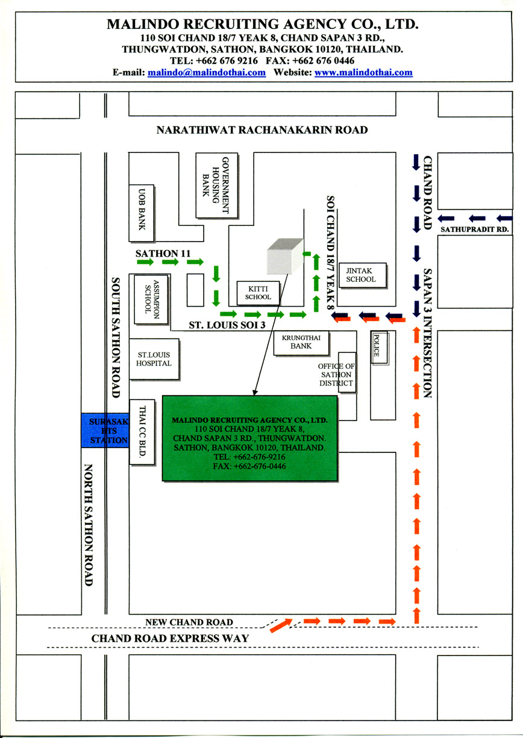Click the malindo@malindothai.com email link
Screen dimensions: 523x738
click(x=207, y=72)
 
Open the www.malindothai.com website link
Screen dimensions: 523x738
click(x=363, y=72)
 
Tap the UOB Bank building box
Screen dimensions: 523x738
click(x=142, y=213)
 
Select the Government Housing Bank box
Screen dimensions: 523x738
click(x=217, y=185)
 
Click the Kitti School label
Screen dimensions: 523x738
click(x=258, y=293)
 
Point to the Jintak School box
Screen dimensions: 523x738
click(x=363, y=275)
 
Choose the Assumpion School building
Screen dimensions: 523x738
click(x=151, y=299)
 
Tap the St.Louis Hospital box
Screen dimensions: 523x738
click(x=154, y=359)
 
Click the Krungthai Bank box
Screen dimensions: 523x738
click(x=301, y=343)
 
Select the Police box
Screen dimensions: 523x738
click(x=380, y=348)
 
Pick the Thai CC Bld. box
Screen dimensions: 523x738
click(x=142, y=432)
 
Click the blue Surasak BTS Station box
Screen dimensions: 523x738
click(x=105, y=430)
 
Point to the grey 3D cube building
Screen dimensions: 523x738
click(x=285, y=256)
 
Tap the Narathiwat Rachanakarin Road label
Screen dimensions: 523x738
click(x=262, y=130)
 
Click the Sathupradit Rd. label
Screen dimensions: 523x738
click(x=475, y=230)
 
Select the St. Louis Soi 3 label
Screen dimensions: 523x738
click(x=227, y=325)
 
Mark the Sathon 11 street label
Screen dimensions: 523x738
click(x=163, y=254)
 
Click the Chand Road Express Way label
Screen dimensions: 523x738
click(x=170, y=638)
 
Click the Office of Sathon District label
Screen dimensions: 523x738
click(x=336, y=375)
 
